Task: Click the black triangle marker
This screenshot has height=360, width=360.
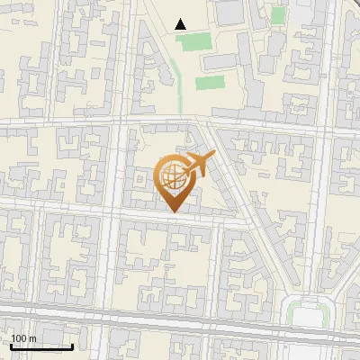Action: pos(181,24)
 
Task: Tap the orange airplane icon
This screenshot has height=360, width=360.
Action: pos(199,164)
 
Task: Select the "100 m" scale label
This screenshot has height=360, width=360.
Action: pos(23,338)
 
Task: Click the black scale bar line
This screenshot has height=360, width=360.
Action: pos(41,346)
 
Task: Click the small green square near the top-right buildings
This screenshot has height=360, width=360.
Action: pos(278,15)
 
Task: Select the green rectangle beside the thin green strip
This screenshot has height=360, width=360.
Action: pos(210,83)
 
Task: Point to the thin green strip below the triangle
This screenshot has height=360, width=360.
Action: pos(176,72)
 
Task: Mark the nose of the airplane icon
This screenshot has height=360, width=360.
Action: pos(213,156)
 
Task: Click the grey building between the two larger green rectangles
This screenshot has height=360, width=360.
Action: pos(216,61)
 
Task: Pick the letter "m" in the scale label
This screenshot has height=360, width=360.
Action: pos(32,338)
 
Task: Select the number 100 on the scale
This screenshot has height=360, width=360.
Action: pos(19,338)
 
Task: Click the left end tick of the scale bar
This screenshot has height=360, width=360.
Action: pos(11,346)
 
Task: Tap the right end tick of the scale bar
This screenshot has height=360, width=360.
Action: pos(72,346)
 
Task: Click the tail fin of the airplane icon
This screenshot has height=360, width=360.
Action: pos(186,168)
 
